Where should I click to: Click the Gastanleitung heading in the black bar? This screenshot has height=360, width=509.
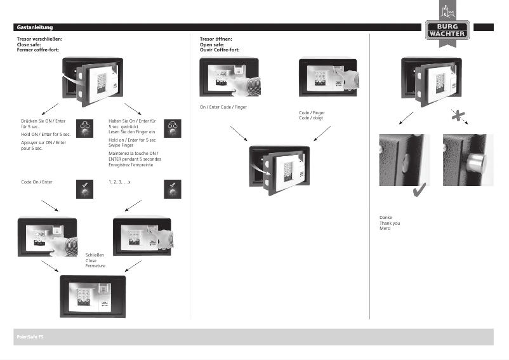(34, 27)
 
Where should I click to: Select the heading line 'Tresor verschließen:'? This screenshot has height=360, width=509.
(39, 39)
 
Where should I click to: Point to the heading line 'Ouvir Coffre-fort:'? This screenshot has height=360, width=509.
(219, 50)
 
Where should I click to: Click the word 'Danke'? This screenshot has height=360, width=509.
(385, 217)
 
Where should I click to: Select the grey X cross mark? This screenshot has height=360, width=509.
(456, 114)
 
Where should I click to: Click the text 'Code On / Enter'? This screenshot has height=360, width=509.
(36, 182)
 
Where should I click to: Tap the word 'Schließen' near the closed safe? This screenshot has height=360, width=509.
(95, 255)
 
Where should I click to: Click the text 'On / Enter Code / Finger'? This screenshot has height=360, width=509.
(223, 107)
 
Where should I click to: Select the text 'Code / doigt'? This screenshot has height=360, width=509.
(311, 118)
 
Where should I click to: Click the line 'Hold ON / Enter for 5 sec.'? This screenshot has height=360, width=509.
(46, 135)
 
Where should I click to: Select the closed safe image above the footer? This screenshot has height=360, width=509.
(93, 295)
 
